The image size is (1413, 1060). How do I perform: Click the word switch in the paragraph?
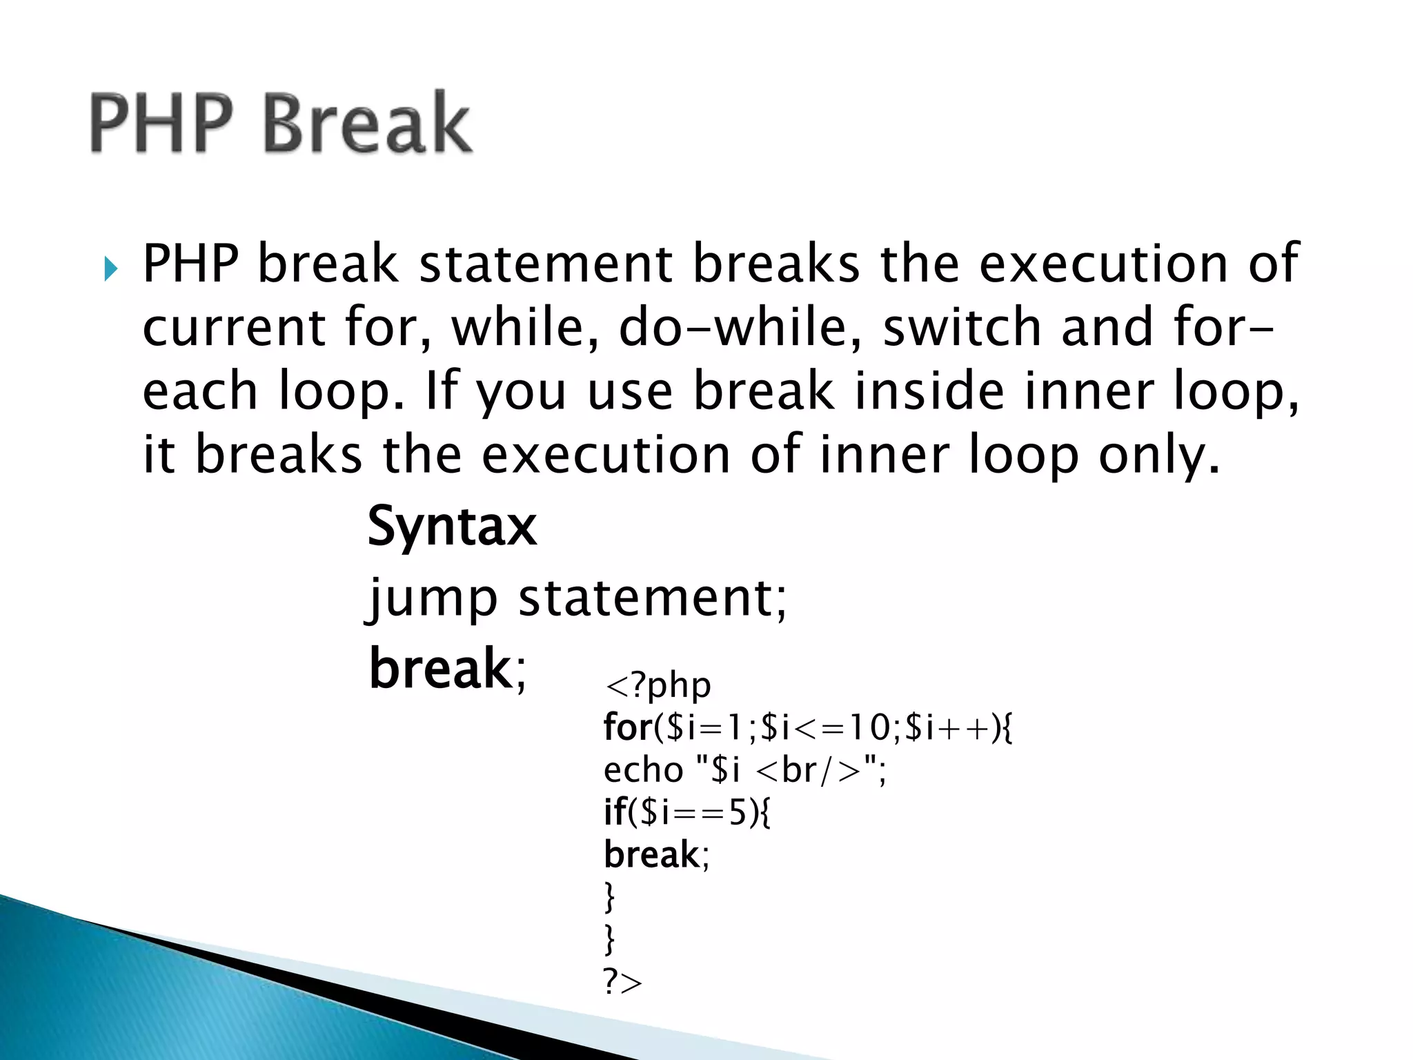point(962,327)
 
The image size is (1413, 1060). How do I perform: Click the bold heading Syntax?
point(452,527)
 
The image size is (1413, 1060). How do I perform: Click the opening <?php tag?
point(657,685)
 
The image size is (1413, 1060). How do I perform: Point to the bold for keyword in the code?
point(627,727)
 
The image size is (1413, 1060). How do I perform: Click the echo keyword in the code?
point(643,769)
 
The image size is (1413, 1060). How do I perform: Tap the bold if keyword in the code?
point(614,812)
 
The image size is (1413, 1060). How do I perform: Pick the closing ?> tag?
point(622,982)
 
